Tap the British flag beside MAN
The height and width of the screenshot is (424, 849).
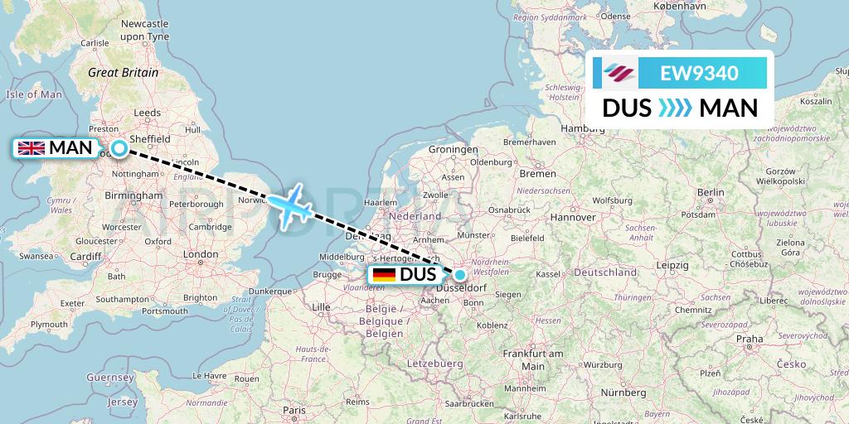pos(32,149)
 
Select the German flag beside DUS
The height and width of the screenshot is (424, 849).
pos(384,275)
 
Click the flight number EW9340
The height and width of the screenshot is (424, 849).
pos(699,73)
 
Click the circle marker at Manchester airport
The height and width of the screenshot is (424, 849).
pos(119,149)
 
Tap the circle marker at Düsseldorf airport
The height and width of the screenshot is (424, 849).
pos(459,274)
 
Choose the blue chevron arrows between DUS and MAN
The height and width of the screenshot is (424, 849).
pos(675,108)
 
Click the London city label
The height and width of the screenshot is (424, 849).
pos(200,254)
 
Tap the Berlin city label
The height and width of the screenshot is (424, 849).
pos(711,191)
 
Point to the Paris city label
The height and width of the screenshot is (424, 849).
pos(294,410)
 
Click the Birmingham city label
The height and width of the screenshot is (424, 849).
pos(134,195)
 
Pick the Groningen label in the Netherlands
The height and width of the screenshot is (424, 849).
pos(454,149)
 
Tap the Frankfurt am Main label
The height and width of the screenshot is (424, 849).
pos(532,359)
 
